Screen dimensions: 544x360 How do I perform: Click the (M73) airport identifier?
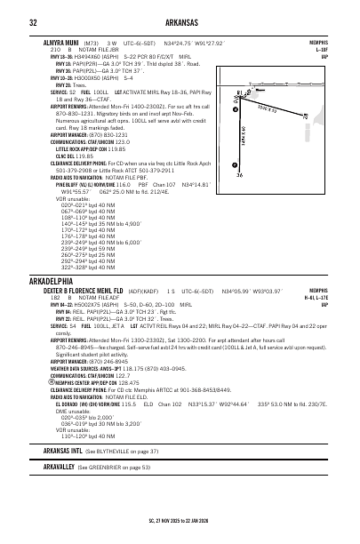point(91,42)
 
